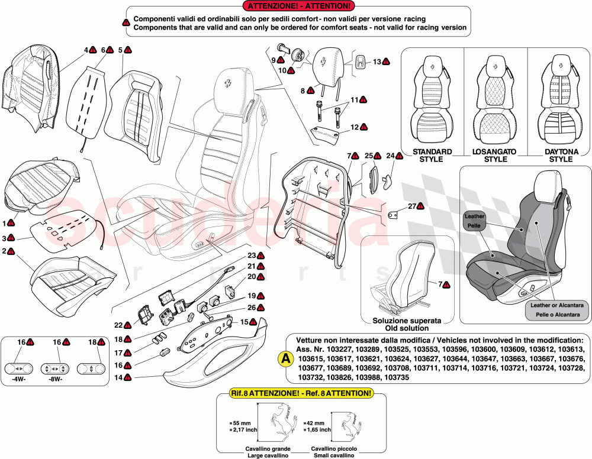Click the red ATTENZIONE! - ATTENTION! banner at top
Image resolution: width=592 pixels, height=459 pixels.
299,7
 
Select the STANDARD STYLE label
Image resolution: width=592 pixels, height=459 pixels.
432,156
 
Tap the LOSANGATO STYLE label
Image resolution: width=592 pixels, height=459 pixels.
496,156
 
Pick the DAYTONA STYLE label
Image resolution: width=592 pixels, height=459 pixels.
561,156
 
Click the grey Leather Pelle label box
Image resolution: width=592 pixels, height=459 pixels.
474,221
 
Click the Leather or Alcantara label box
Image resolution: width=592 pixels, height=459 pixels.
558,309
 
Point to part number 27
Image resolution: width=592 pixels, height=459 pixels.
412,206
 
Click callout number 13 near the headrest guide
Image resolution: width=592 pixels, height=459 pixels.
377,62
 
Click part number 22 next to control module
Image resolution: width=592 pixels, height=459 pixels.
118,325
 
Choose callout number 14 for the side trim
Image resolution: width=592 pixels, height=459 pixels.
118,377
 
